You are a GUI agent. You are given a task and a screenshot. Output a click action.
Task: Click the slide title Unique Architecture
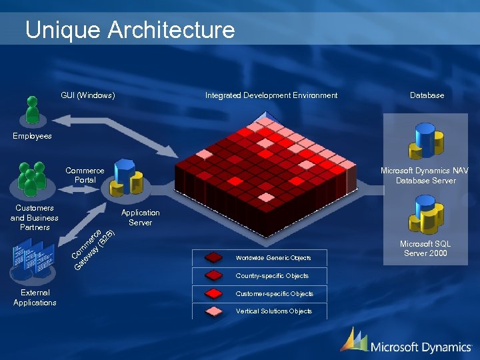coord(130,30)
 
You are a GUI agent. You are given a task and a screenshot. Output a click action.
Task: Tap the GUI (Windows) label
coord(88,95)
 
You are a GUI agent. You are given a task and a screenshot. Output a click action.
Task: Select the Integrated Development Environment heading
coord(271,95)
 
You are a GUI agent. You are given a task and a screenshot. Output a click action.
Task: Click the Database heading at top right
coord(427,95)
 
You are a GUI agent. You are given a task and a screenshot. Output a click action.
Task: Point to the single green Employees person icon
coord(31,110)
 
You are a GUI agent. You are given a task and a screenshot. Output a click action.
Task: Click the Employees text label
coord(32,136)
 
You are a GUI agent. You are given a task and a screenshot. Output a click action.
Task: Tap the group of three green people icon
coord(31,179)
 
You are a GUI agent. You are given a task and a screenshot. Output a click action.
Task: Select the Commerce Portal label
coord(85,175)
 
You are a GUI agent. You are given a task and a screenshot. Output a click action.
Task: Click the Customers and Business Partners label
coord(35,218)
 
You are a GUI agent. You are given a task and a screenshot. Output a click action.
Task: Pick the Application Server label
coord(140,217)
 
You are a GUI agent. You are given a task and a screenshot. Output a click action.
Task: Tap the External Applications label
coord(35,297)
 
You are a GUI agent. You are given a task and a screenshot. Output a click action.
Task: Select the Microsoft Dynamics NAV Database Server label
coord(425,175)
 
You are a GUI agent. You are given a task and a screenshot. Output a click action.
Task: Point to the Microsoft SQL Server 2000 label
coord(425,249)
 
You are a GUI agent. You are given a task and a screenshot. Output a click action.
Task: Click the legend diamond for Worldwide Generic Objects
coord(214,257)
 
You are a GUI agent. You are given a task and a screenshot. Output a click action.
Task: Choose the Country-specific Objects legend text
coord(272,275)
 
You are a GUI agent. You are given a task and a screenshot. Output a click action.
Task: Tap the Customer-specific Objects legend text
coord(274,293)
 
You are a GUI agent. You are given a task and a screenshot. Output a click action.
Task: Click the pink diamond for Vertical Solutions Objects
coord(214,311)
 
